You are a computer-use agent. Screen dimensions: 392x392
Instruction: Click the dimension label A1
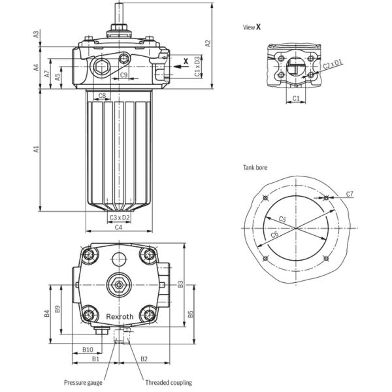click(x=37, y=150)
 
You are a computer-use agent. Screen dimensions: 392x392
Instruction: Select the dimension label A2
click(x=208, y=43)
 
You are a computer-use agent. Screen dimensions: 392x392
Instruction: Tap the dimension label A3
click(x=37, y=33)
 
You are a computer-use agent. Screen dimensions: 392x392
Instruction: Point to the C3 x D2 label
click(x=119, y=217)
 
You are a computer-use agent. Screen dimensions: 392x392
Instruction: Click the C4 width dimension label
click(x=118, y=227)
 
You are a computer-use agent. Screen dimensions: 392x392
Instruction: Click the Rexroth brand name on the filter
click(x=120, y=316)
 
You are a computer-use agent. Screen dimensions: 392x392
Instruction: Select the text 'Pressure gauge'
click(x=82, y=383)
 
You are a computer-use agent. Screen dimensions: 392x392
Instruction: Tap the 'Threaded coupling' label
click(x=168, y=383)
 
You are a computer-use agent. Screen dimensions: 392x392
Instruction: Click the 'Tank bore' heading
click(x=255, y=168)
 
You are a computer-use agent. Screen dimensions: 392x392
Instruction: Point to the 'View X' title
click(x=252, y=27)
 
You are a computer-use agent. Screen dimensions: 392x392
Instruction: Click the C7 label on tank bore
click(x=350, y=194)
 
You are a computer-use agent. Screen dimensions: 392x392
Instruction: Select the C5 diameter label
click(x=282, y=219)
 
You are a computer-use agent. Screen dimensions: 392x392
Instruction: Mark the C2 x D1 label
click(x=333, y=64)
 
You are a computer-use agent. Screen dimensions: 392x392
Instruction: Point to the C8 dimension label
click(x=102, y=96)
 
